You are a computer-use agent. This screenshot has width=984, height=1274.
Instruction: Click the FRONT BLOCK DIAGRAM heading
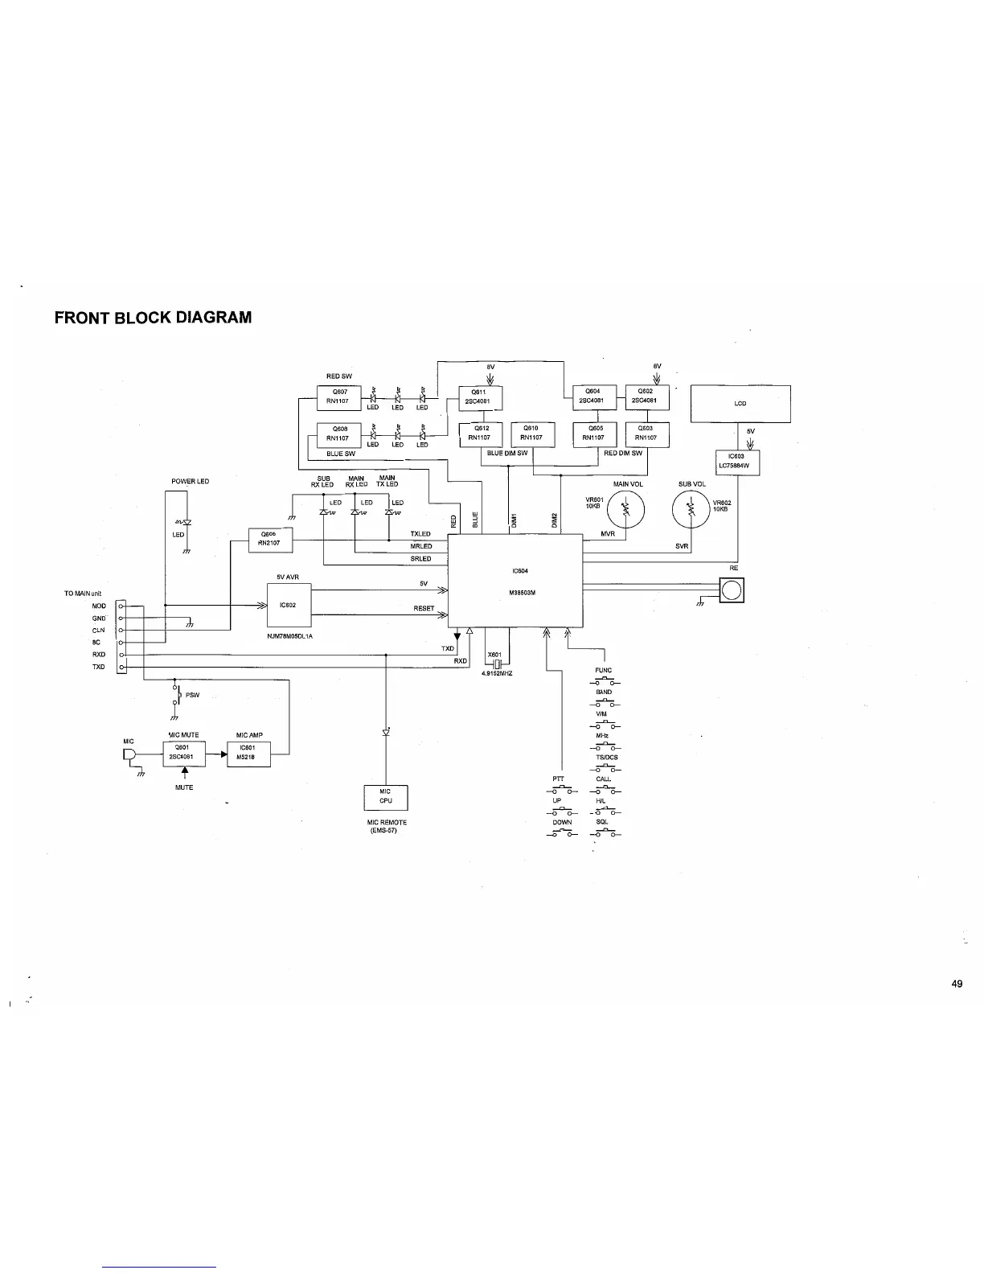pyautogui.click(x=153, y=317)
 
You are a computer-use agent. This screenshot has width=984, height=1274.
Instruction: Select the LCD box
pyautogui.click(x=740, y=404)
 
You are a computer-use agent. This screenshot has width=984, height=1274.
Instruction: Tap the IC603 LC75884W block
pyautogui.click(x=737, y=462)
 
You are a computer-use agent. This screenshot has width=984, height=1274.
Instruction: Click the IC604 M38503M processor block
pyautogui.click(x=515, y=581)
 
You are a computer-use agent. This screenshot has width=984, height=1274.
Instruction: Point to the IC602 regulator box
pyautogui.click(x=289, y=606)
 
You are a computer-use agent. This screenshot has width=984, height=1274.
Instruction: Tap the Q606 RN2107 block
pyautogui.click(x=270, y=540)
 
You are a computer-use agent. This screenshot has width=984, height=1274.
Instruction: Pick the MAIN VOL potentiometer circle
pyautogui.click(x=625, y=510)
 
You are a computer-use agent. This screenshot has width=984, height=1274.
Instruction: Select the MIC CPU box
pyautogui.click(x=386, y=796)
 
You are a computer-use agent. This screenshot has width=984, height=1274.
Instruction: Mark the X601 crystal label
pyautogui.click(x=494, y=654)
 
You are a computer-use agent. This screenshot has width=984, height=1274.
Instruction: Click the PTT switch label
pyautogui.click(x=558, y=779)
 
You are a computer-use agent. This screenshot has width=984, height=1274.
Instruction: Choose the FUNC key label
pyautogui.click(x=603, y=670)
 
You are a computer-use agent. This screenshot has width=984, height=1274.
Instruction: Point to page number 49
pyautogui.click(x=956, y=984)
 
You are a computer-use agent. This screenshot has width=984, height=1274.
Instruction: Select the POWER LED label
pyautogui.click(x=190, y=481)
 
